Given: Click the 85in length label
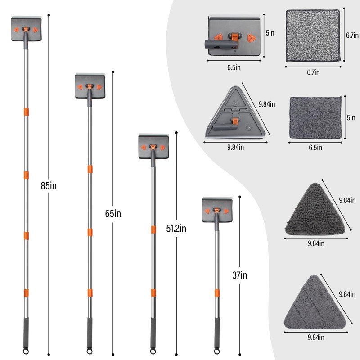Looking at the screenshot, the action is coord(49,186).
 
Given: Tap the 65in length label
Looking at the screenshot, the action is coord(113,214).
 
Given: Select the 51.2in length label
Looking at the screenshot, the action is coord(176,229).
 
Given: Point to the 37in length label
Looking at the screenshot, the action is coord(240,275).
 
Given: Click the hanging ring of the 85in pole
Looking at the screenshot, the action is coord(26,351).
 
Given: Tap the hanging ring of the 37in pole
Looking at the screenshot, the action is coord(216,351).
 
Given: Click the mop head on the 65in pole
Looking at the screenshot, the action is coord(90,86).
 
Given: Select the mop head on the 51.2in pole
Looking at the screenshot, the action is coord(153,146).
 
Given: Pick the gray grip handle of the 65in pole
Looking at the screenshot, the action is coord(90,333).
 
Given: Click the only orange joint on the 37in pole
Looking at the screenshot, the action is coord(217,293).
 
